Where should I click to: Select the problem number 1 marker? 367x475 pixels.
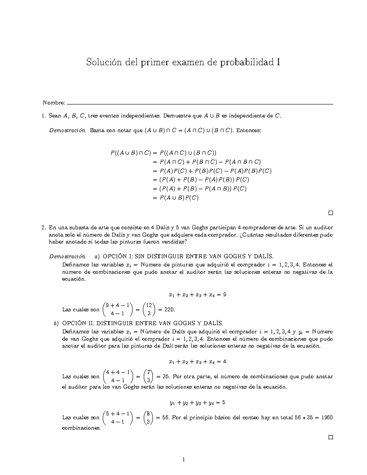44,116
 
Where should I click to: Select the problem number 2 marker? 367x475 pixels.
44,228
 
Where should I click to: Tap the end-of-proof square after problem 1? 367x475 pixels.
330,213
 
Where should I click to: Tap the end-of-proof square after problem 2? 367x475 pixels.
330,437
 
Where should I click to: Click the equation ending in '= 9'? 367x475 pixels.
197,295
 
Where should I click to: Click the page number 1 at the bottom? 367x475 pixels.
183,459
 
